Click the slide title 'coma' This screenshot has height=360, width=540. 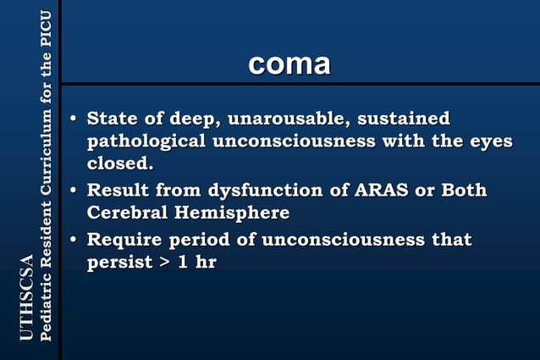289,64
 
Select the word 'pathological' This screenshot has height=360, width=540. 146,141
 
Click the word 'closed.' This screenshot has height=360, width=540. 120,162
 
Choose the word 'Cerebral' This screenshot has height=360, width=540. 128,212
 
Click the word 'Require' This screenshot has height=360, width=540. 130,240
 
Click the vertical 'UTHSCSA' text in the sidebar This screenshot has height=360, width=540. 26,297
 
